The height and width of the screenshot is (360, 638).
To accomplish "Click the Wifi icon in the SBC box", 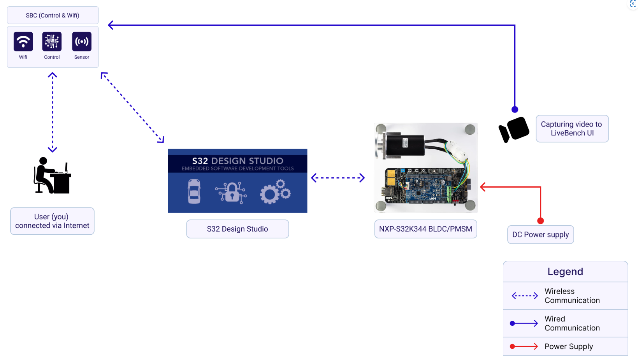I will (23, 42).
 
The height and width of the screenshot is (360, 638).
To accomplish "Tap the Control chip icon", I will (52, 42).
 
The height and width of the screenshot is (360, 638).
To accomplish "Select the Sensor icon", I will (82, 42).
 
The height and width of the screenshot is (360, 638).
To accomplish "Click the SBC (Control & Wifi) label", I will (53, 16).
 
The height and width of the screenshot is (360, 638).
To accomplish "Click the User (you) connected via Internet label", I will (52, 221).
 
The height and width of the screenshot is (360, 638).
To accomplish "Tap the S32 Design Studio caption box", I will (237, 229).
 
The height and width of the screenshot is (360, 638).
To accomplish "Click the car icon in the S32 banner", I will (194, 191).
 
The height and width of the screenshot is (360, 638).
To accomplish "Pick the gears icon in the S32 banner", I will (275, 191).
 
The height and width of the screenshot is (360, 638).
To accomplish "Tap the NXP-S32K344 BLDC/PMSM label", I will (425, 229).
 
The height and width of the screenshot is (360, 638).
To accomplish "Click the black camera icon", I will (514, 129).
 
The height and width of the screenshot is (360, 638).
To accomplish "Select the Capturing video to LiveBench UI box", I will (572, 128).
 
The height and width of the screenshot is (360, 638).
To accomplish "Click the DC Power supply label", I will (540, 235).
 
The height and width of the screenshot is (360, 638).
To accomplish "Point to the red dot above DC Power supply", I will (540, 221).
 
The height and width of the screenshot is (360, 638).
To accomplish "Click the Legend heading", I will (565, 272).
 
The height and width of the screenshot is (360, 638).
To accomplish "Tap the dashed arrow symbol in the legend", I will (525, 296).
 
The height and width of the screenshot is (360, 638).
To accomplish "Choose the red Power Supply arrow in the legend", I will (524, 346).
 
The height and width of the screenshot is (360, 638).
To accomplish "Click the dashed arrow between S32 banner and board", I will (338, 178).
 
